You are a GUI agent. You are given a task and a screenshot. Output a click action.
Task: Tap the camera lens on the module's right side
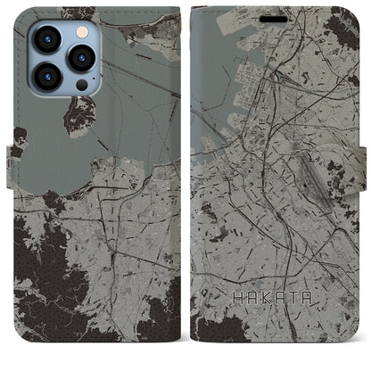[x=82, y=57]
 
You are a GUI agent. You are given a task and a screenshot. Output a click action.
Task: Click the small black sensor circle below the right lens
[x=81, y=85]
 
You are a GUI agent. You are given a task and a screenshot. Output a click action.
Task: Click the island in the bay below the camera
[x=80, y=114]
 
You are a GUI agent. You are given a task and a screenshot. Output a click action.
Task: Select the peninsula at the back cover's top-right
[x=143, y=36]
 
